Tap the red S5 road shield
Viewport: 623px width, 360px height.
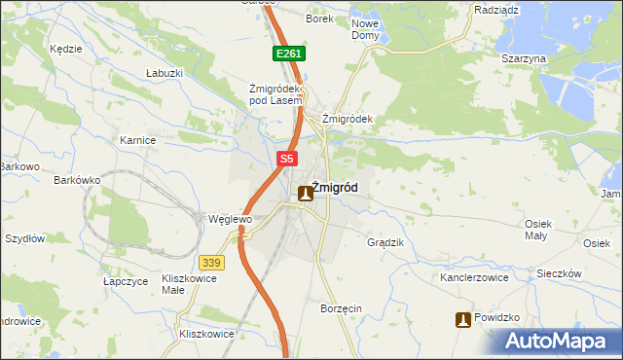pyautogui.click(x=286, y=159)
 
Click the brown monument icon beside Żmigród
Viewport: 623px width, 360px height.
pyautogui.click(x=306, y=193)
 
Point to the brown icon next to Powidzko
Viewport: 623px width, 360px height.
pyautogui.click(x=463, y=319)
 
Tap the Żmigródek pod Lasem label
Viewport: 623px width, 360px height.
pyautogui.click(x=277, y=92)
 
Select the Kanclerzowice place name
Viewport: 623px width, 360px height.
pyautogui.click(x=475, y=277)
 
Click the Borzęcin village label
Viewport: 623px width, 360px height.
pyautogui.click(x=341, y=308)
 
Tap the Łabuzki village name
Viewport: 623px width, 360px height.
pyautogui.click(x=165, y=73)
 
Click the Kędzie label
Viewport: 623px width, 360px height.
pyautogui.click(x=64, y=47)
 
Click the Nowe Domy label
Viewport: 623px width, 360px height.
pyautogui.click(x=365, y=29)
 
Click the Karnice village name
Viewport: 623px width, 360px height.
pyautogui.click(x=138, y=140)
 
